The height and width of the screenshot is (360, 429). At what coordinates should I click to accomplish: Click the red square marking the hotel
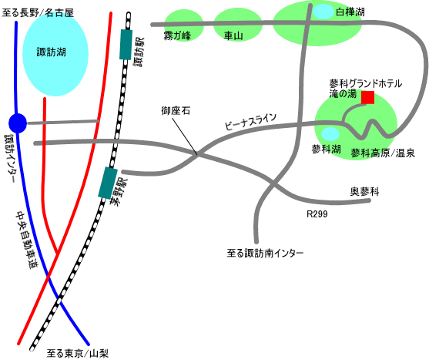point(367,97)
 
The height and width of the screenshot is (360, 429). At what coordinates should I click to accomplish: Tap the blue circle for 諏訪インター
point(18,123)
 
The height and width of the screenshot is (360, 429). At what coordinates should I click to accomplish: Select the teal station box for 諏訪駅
point(126,45)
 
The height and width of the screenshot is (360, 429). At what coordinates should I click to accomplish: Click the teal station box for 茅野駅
point(108,183)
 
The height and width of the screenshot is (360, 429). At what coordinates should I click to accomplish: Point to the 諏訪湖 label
point(52,52)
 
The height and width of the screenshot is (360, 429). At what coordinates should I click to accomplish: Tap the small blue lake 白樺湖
point(323,12)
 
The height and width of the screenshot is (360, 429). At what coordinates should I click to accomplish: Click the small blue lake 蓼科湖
point(330,134)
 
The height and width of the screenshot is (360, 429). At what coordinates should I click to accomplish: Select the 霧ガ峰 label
point(177,36)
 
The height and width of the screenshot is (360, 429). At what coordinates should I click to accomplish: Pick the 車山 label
point(233,36)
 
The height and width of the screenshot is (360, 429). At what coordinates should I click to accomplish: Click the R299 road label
point(317,214)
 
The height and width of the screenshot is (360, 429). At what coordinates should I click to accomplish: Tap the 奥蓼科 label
point(365,192)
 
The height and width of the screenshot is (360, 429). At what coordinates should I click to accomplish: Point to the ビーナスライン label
point(250,122)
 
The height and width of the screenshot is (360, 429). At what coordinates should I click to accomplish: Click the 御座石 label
point(176,111)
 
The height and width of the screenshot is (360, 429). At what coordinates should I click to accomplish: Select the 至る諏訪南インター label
point(265,253)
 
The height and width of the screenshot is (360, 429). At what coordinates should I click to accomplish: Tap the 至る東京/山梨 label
point(78,353)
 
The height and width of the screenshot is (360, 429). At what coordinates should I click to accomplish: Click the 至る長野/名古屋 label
point(38,13)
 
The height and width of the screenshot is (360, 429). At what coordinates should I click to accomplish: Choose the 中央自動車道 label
point(26,240)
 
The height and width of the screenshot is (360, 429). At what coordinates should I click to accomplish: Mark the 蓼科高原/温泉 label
point(383,153)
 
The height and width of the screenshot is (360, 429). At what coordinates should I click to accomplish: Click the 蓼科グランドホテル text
point(366,83)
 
